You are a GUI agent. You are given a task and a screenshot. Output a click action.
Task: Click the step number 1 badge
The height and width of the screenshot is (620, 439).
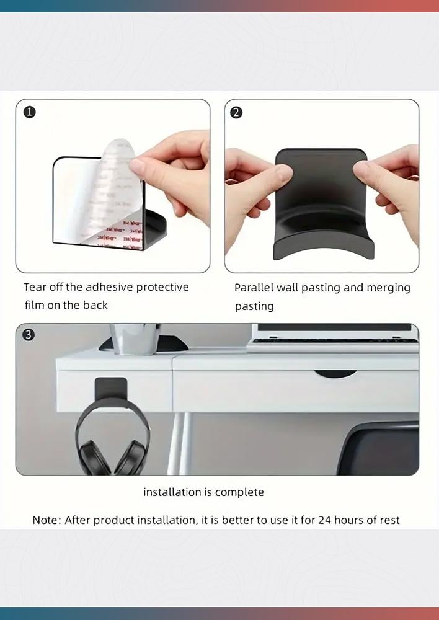coord(30,112)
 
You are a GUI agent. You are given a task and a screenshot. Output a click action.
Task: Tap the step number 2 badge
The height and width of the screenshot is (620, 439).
coord(236,113)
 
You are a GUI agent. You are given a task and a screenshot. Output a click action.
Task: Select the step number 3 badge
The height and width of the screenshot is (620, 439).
coord(28,335)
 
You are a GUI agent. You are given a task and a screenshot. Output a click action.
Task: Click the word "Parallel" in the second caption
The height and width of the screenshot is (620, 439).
coord(254,288)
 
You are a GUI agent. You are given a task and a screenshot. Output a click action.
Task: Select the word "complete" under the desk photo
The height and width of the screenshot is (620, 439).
coord(239,493)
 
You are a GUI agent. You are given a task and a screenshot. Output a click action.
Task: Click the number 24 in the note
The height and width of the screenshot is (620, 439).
coord(325,520)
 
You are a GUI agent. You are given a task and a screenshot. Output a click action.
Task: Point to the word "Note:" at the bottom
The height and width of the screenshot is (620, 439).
coord(47,520)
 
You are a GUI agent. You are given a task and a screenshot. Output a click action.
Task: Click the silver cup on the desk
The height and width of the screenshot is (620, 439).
coord(135,339)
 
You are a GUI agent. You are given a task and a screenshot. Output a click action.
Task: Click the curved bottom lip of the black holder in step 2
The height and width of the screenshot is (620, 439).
coord(324,247)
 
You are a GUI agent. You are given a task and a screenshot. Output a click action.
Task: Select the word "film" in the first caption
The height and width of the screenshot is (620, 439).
coord(34,305)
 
